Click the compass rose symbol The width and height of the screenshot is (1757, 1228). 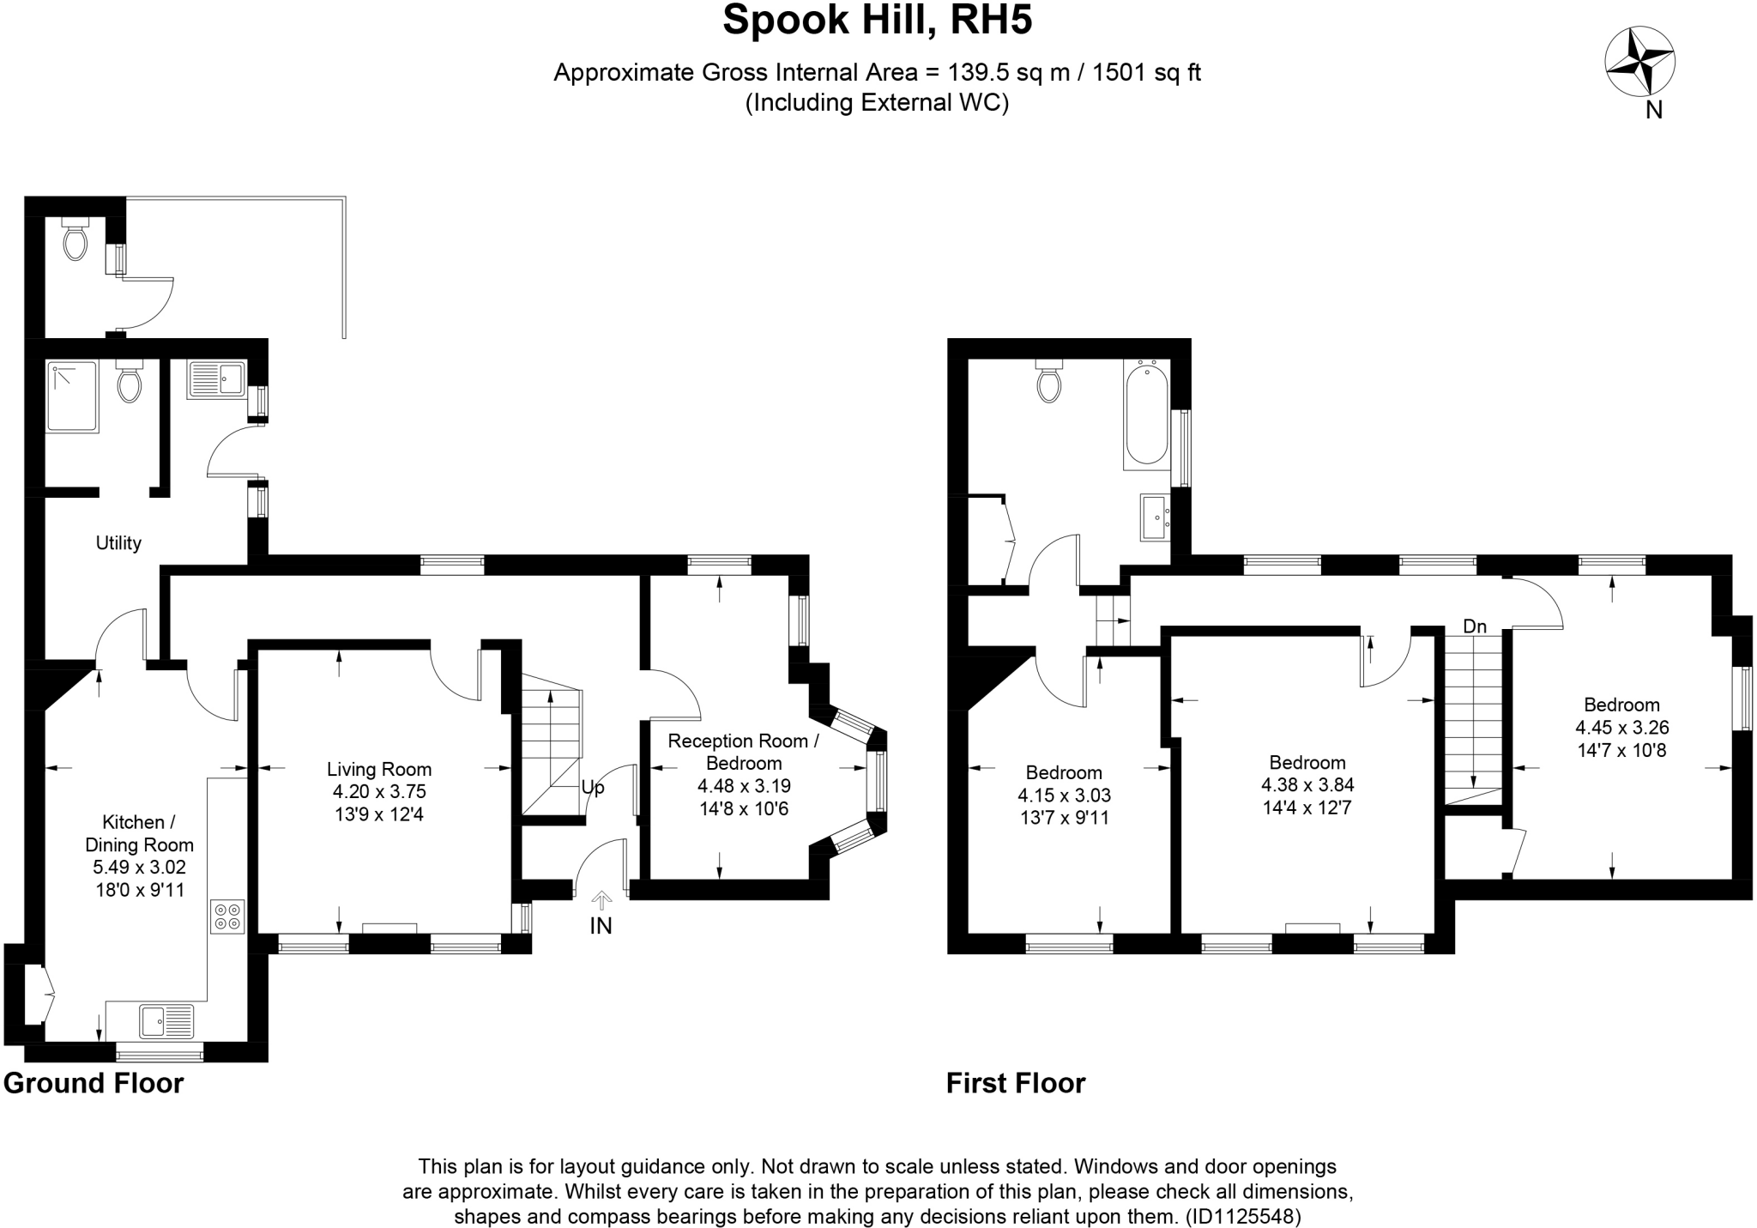tap(1639, 62)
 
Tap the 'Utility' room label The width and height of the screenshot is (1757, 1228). tap(118, 543)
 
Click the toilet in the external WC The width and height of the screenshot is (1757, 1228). tap(75, 239)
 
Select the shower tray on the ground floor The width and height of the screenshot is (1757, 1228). tap(72, 396)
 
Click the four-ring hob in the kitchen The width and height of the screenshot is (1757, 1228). tap(227, 916)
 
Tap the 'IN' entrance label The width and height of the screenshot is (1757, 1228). tap(601, 926)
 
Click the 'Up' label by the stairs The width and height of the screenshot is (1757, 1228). tap(593, 787)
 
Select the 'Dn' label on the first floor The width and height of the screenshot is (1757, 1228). tap(1475, 626)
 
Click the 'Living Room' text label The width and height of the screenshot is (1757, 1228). tap(379, 770)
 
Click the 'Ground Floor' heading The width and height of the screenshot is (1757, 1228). tap(94, 1083)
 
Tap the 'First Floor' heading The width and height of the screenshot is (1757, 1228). tap(1016, 1083)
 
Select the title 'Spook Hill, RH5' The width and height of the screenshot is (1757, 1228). tap(877, 21)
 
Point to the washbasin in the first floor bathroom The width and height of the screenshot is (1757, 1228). tap(1154, 517)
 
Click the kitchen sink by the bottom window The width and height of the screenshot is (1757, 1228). tap(167, 1021)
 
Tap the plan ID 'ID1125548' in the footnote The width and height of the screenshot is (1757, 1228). tap(1242, 1216)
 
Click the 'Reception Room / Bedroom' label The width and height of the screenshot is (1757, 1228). tap(743, 752)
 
